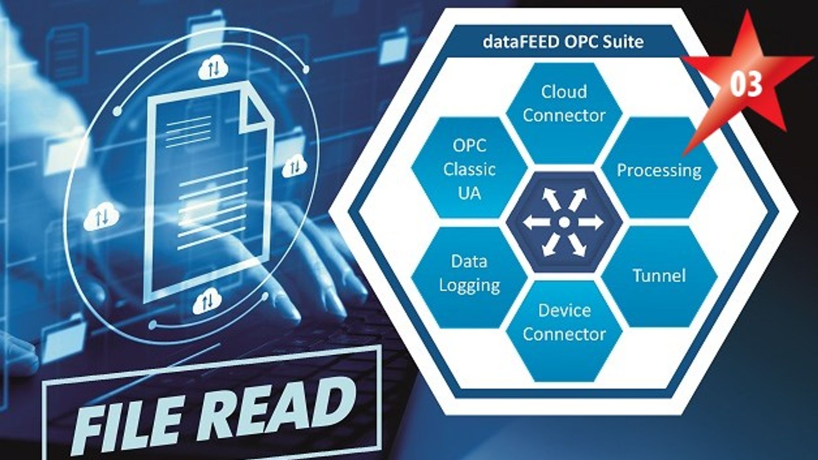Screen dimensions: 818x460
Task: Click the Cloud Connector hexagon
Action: point(564,114)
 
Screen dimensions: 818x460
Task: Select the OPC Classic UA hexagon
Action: point(470,168)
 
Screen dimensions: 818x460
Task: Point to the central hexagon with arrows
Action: point(564,223)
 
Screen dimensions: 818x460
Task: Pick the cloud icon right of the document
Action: point(295,166)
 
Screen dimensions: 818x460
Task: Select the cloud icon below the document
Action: point(207,302)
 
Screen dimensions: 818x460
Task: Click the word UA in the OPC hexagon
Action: point(470,193)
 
